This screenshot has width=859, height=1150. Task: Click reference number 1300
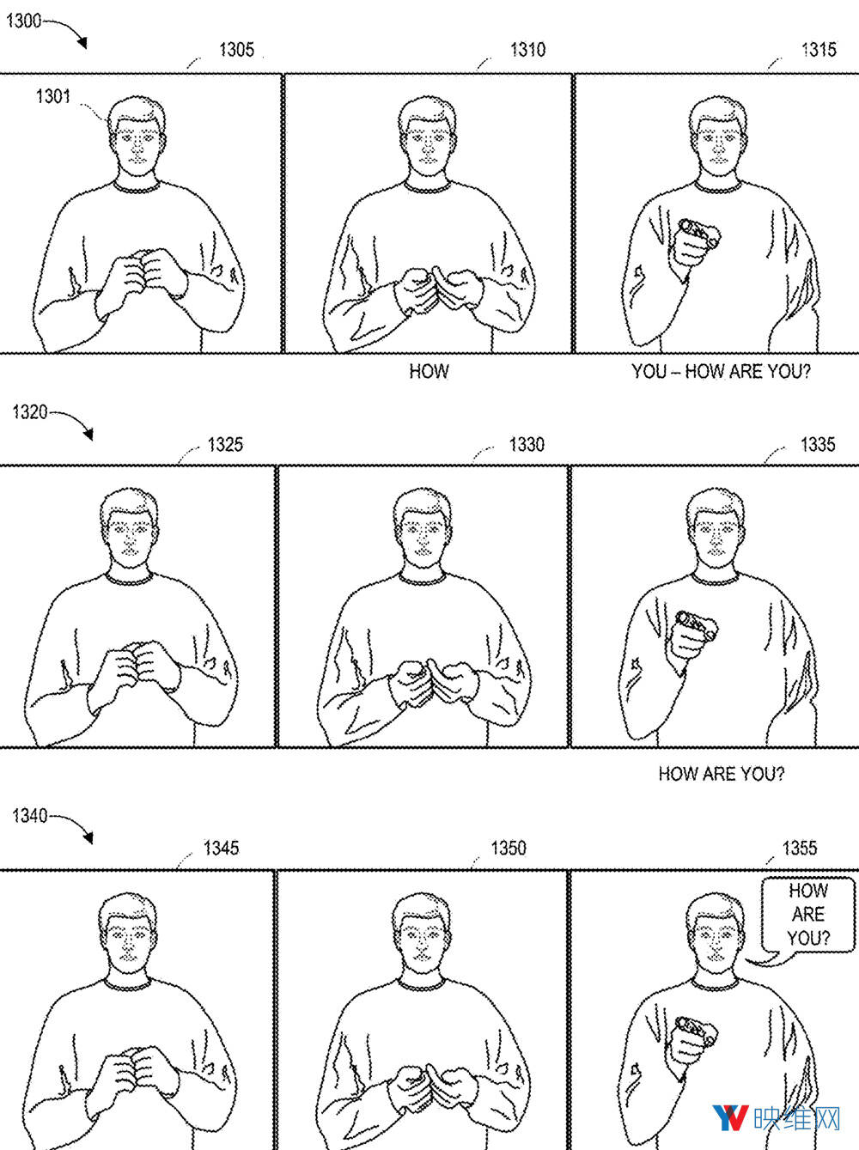[23, 21]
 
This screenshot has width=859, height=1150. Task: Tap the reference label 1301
[52, 96]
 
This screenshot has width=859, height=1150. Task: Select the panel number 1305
[236, 50]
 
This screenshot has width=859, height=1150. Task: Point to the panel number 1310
[527, 50]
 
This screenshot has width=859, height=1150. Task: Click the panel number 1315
[819, 50]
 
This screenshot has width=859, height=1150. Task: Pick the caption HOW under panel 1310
[429, 372]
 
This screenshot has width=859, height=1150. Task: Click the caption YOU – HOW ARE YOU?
[721, 372]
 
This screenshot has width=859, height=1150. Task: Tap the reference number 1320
[30, 411]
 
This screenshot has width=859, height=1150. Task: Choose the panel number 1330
[527, 445]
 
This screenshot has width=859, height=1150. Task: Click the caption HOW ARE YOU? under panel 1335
[722, 773]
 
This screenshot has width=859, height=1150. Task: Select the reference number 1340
[30, 815]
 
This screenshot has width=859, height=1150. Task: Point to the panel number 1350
[508, 849]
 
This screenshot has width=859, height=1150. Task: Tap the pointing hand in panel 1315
[695, 244]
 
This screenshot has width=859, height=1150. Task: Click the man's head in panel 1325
[129, 527]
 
